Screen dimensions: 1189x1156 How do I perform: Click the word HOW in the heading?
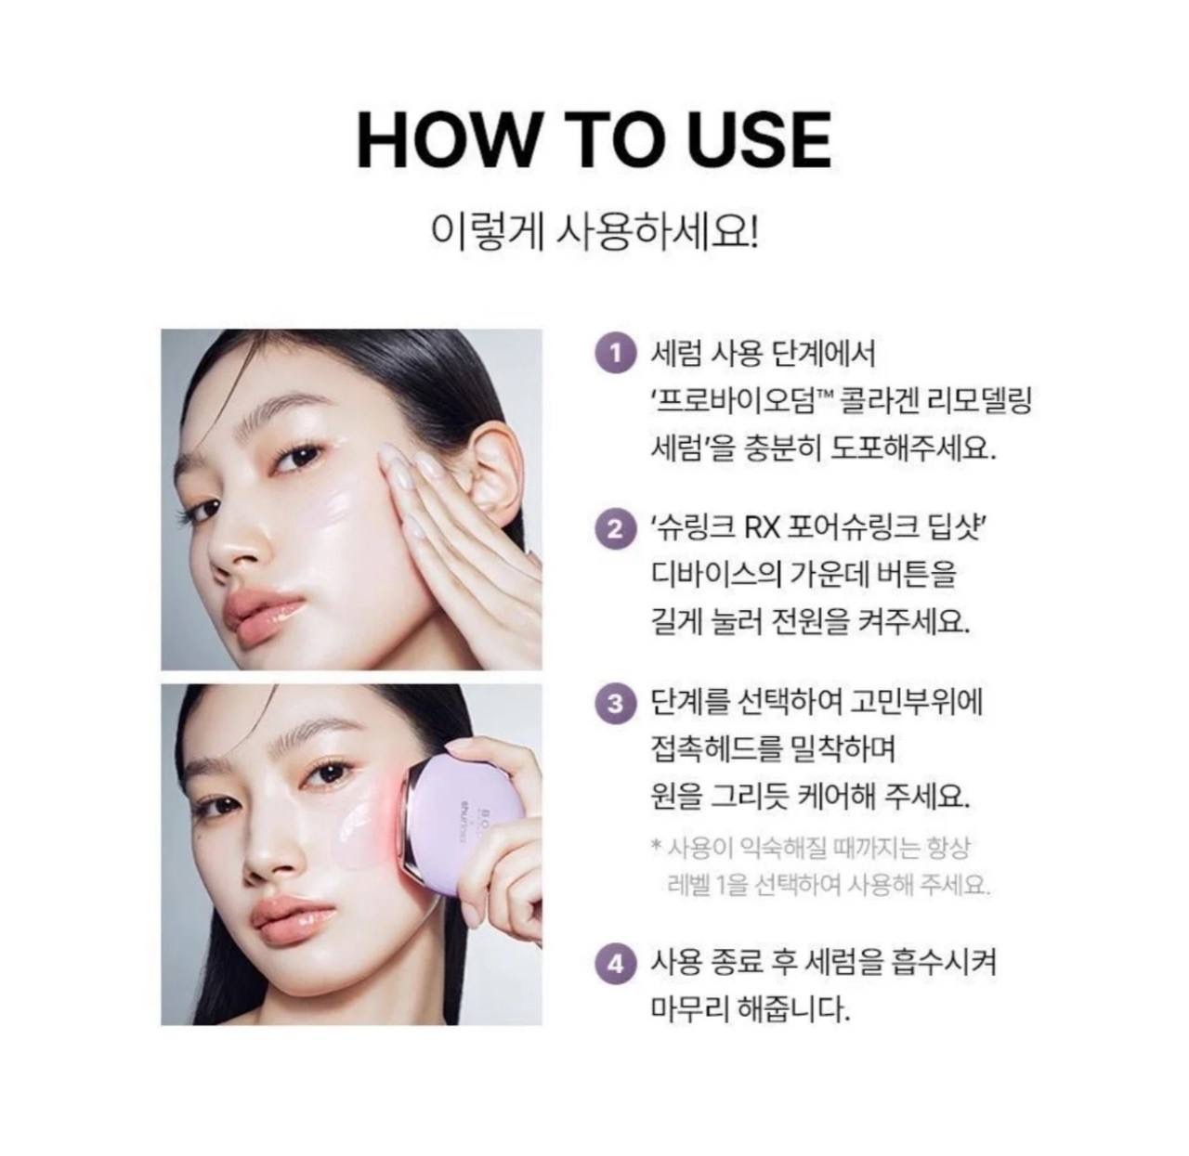pyautogui.click(x=445, y=139)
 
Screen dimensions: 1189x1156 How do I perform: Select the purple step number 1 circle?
pyautogui.click(x=615, y=354)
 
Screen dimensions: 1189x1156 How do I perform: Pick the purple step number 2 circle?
pyautogui.click(x=615, y=528)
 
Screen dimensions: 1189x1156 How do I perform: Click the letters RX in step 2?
pyautogui.click(x=763, y=528)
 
